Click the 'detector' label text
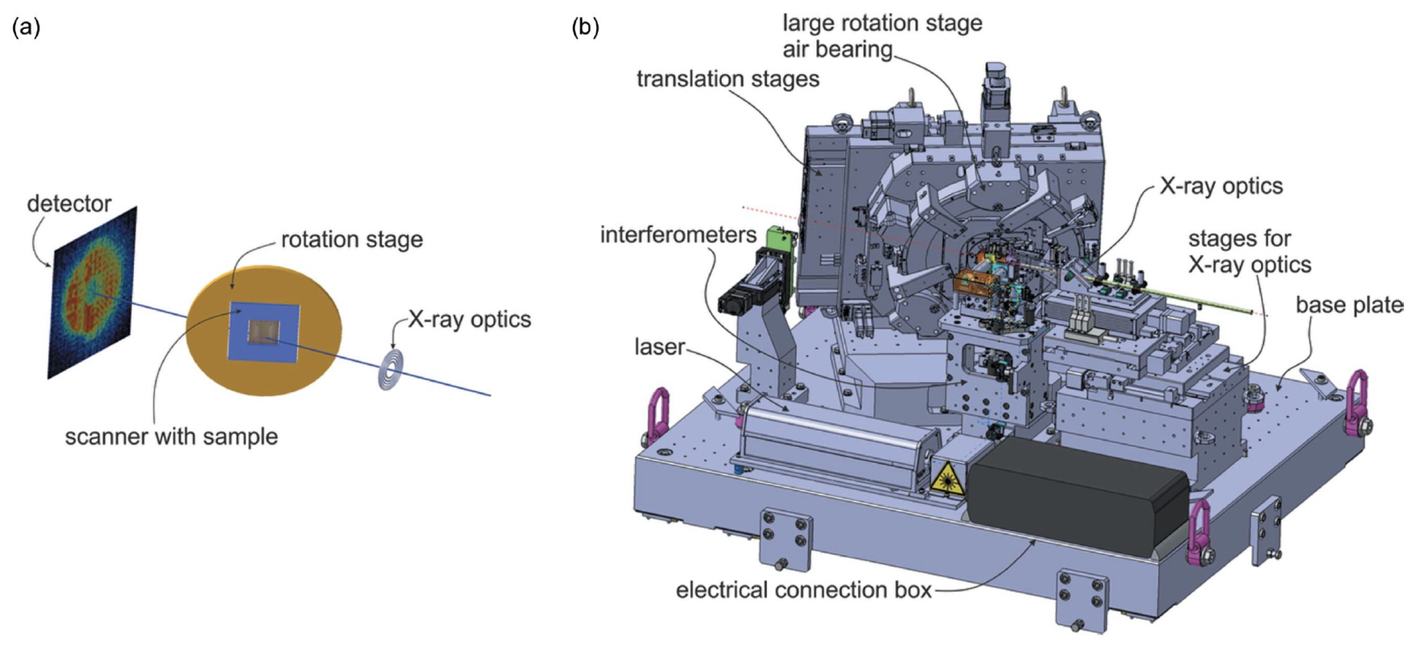pos(69,204)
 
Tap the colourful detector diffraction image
pos(92,293)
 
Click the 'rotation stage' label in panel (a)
pos(352,240)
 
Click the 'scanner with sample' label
pos(171,437)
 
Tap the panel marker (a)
pos(26,27)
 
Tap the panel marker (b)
pos(585,27)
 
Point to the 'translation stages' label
pos(728,79)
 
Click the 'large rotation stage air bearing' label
pos(882,36)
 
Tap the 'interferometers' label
pos(678,235)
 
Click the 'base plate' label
pos(1348,305)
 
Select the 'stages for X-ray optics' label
pos(1249,252)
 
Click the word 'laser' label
pos(659,347)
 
